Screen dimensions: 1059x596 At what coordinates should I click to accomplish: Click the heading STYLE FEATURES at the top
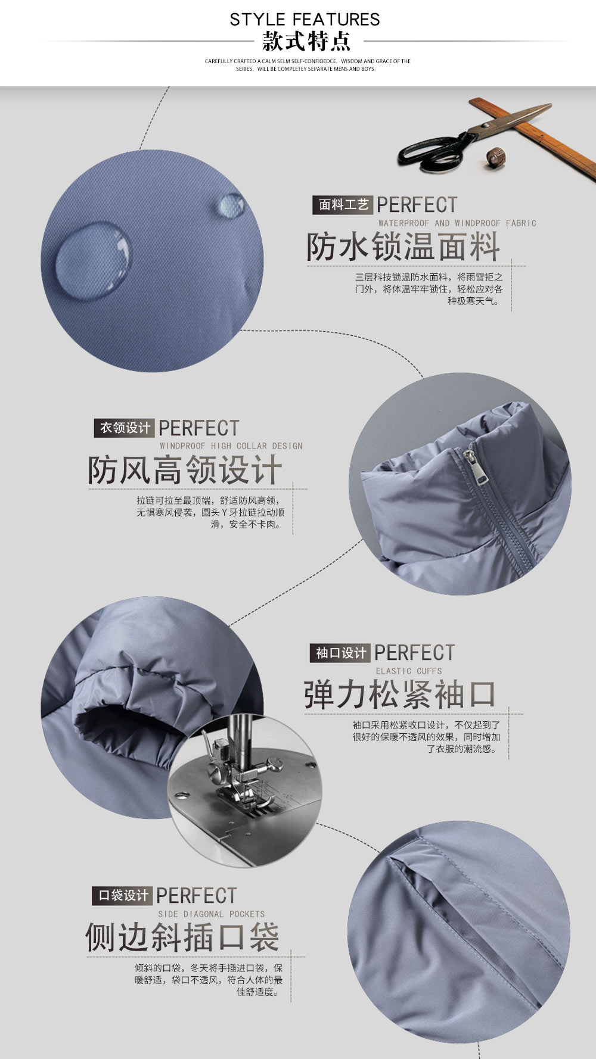pyautogui.click(x=305, y=19)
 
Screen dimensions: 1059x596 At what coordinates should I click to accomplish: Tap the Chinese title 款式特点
pyautogui.click(x=306, y=42)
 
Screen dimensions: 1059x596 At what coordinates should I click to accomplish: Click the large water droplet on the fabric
pyautogui.click(x=92, y=260)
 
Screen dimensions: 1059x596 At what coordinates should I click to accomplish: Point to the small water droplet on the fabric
pyautogui.click(x=230, y=205)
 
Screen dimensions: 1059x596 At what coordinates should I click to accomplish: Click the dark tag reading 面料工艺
pyautogui.click(x=343, y=205)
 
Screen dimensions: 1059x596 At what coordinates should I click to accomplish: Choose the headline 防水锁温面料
pyautogui.click(x=403, y=246)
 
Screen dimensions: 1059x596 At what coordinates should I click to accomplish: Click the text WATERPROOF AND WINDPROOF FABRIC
pyautogui.click(x=457, y=223)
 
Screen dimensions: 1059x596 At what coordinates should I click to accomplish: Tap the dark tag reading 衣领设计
pyautogui.click(x=125, y=428)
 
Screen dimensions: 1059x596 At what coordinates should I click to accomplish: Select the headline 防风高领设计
pyautogui.click(x=185, y=470)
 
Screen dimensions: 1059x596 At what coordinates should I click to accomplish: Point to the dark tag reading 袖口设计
pyautogui.click(x=340, y=653)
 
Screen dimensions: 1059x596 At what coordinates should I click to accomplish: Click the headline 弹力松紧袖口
pyautogui.click(x=400, y=694)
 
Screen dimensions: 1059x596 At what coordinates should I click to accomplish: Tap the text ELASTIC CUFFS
pyautogui.click(x=409, y=671)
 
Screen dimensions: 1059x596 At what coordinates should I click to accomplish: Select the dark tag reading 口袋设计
pyautogui.click(x=123, y=896)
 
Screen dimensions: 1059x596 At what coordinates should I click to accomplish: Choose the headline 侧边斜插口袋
pyautogui.click(x=182, y=937)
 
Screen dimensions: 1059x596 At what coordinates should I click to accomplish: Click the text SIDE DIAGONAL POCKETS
pyautogui.click(x=211, y=914)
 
